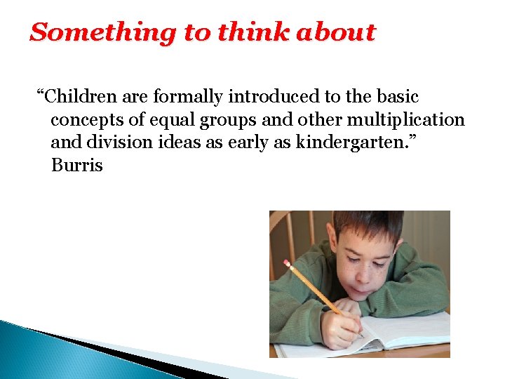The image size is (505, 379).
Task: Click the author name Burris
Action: click(x=77, y=166)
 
